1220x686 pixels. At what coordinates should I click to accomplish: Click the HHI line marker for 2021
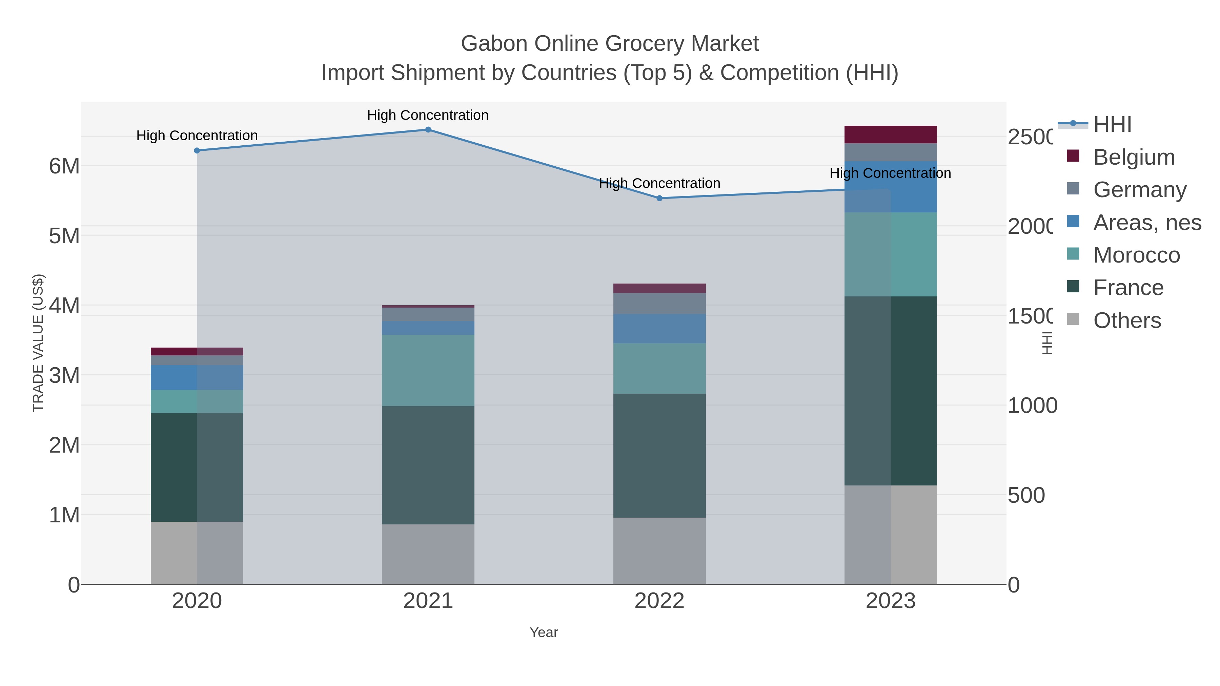pyautogui.click(x=428, y=130)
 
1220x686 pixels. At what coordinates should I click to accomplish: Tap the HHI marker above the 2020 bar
pyautogui.click(x=197, y=150)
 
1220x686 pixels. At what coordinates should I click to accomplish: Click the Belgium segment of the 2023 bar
pyautogui.click(x=890, y=134)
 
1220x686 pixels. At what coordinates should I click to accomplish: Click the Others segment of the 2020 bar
pyautogui.click(x=197, y=553)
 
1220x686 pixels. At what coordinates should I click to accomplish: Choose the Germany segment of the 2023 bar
pyautogui.click(x=890, y=152)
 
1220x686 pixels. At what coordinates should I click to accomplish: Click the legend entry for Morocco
pyautogui.click(x=1136, y=255)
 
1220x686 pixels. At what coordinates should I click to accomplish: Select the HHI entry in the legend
pyautogui.click(x=1112, y=125)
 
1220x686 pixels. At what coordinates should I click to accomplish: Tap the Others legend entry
pyautogui.click(x=1127, y=320)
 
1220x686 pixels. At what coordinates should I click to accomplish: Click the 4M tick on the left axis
pyautogui.click(x=64, y=305)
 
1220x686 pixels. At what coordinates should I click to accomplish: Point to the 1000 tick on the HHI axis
pyautogui.click(x=1032, y=406)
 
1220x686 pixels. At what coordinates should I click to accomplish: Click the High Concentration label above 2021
pyautogui.click(x=428, y=115)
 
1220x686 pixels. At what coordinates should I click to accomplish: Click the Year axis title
pyautogui.click(x=544, y=632)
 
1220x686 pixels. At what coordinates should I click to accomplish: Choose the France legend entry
pyautogui.click(x=1128, y=288)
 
